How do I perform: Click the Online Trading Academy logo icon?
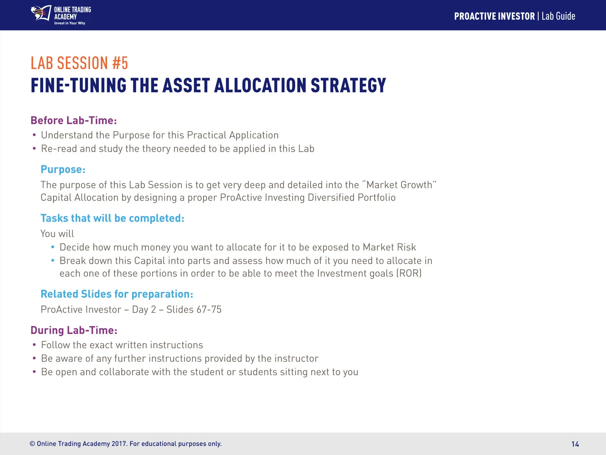pos(41,13)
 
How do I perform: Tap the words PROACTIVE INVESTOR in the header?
pos(495,16)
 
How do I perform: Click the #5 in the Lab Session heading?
pos(120,63)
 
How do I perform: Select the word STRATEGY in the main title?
pos(348,85)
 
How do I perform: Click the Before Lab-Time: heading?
pos(74,121)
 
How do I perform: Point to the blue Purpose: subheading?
pos(63,169)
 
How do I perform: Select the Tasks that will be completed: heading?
pos(112,218)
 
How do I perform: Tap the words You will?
pos(57,234)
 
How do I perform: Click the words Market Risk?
pos(389,247)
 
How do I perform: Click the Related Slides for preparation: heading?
pos(117,294)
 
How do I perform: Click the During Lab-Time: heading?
pos(74,330)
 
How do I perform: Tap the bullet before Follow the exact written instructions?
pos(34,345)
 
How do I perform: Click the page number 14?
pos(575,444)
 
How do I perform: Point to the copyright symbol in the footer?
pos(32,444)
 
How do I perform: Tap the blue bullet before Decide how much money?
pos(53,247)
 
